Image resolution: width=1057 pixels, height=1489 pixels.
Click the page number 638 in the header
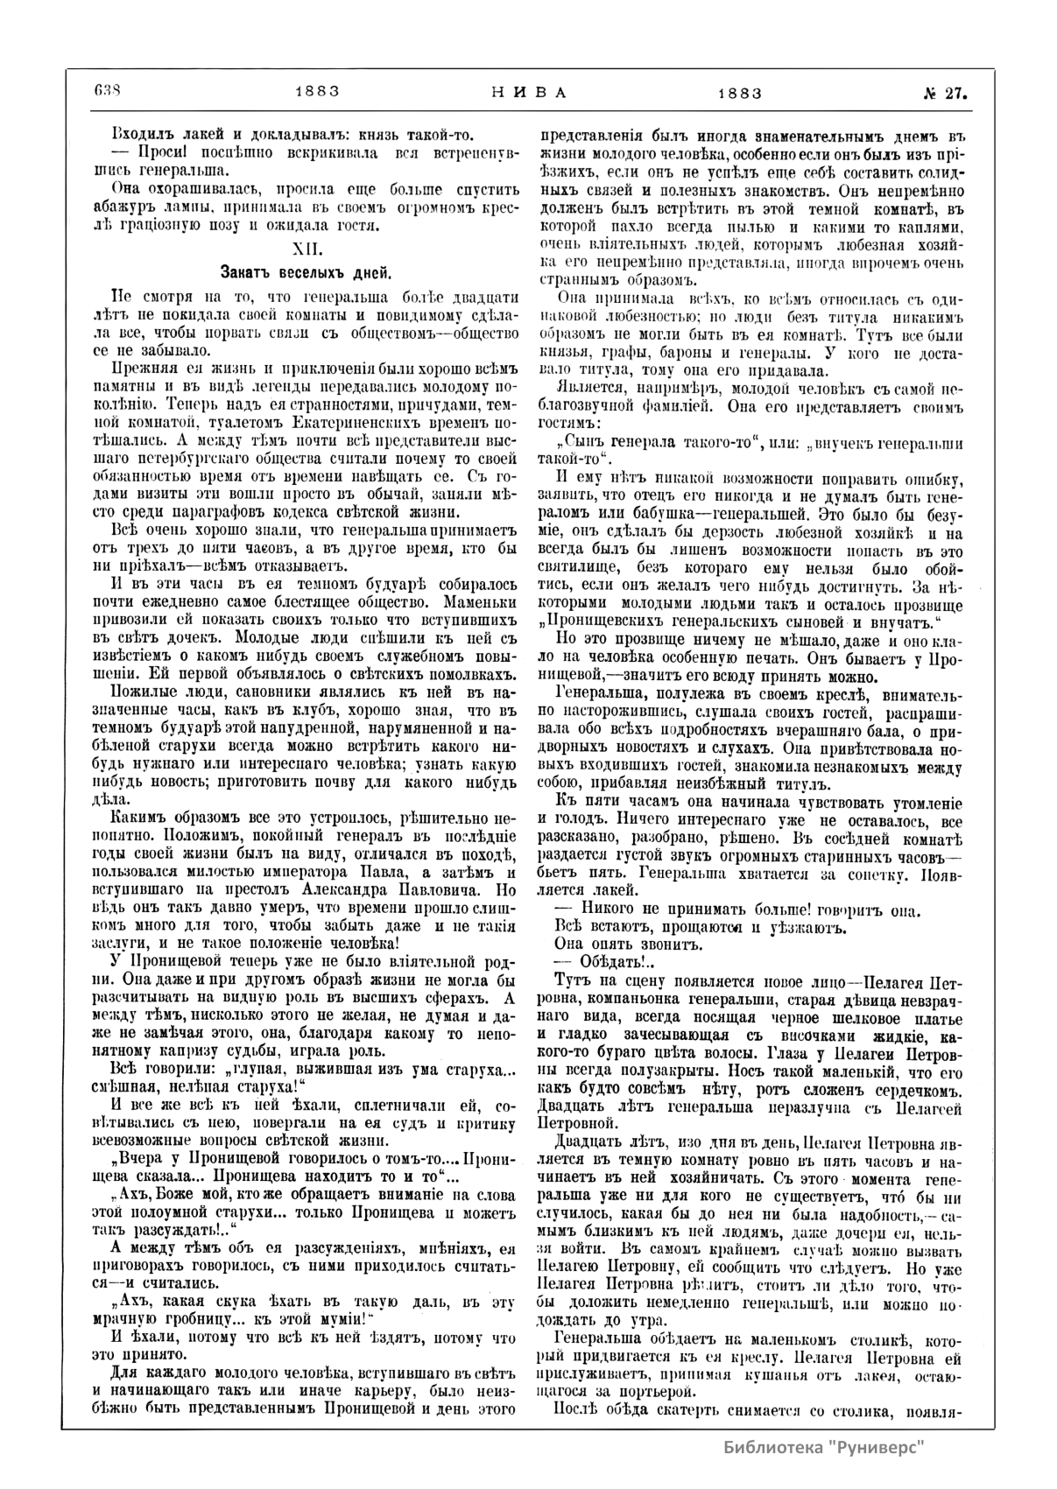[x=105, y=91]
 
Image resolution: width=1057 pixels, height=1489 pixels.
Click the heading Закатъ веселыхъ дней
[x=305, y=271]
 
